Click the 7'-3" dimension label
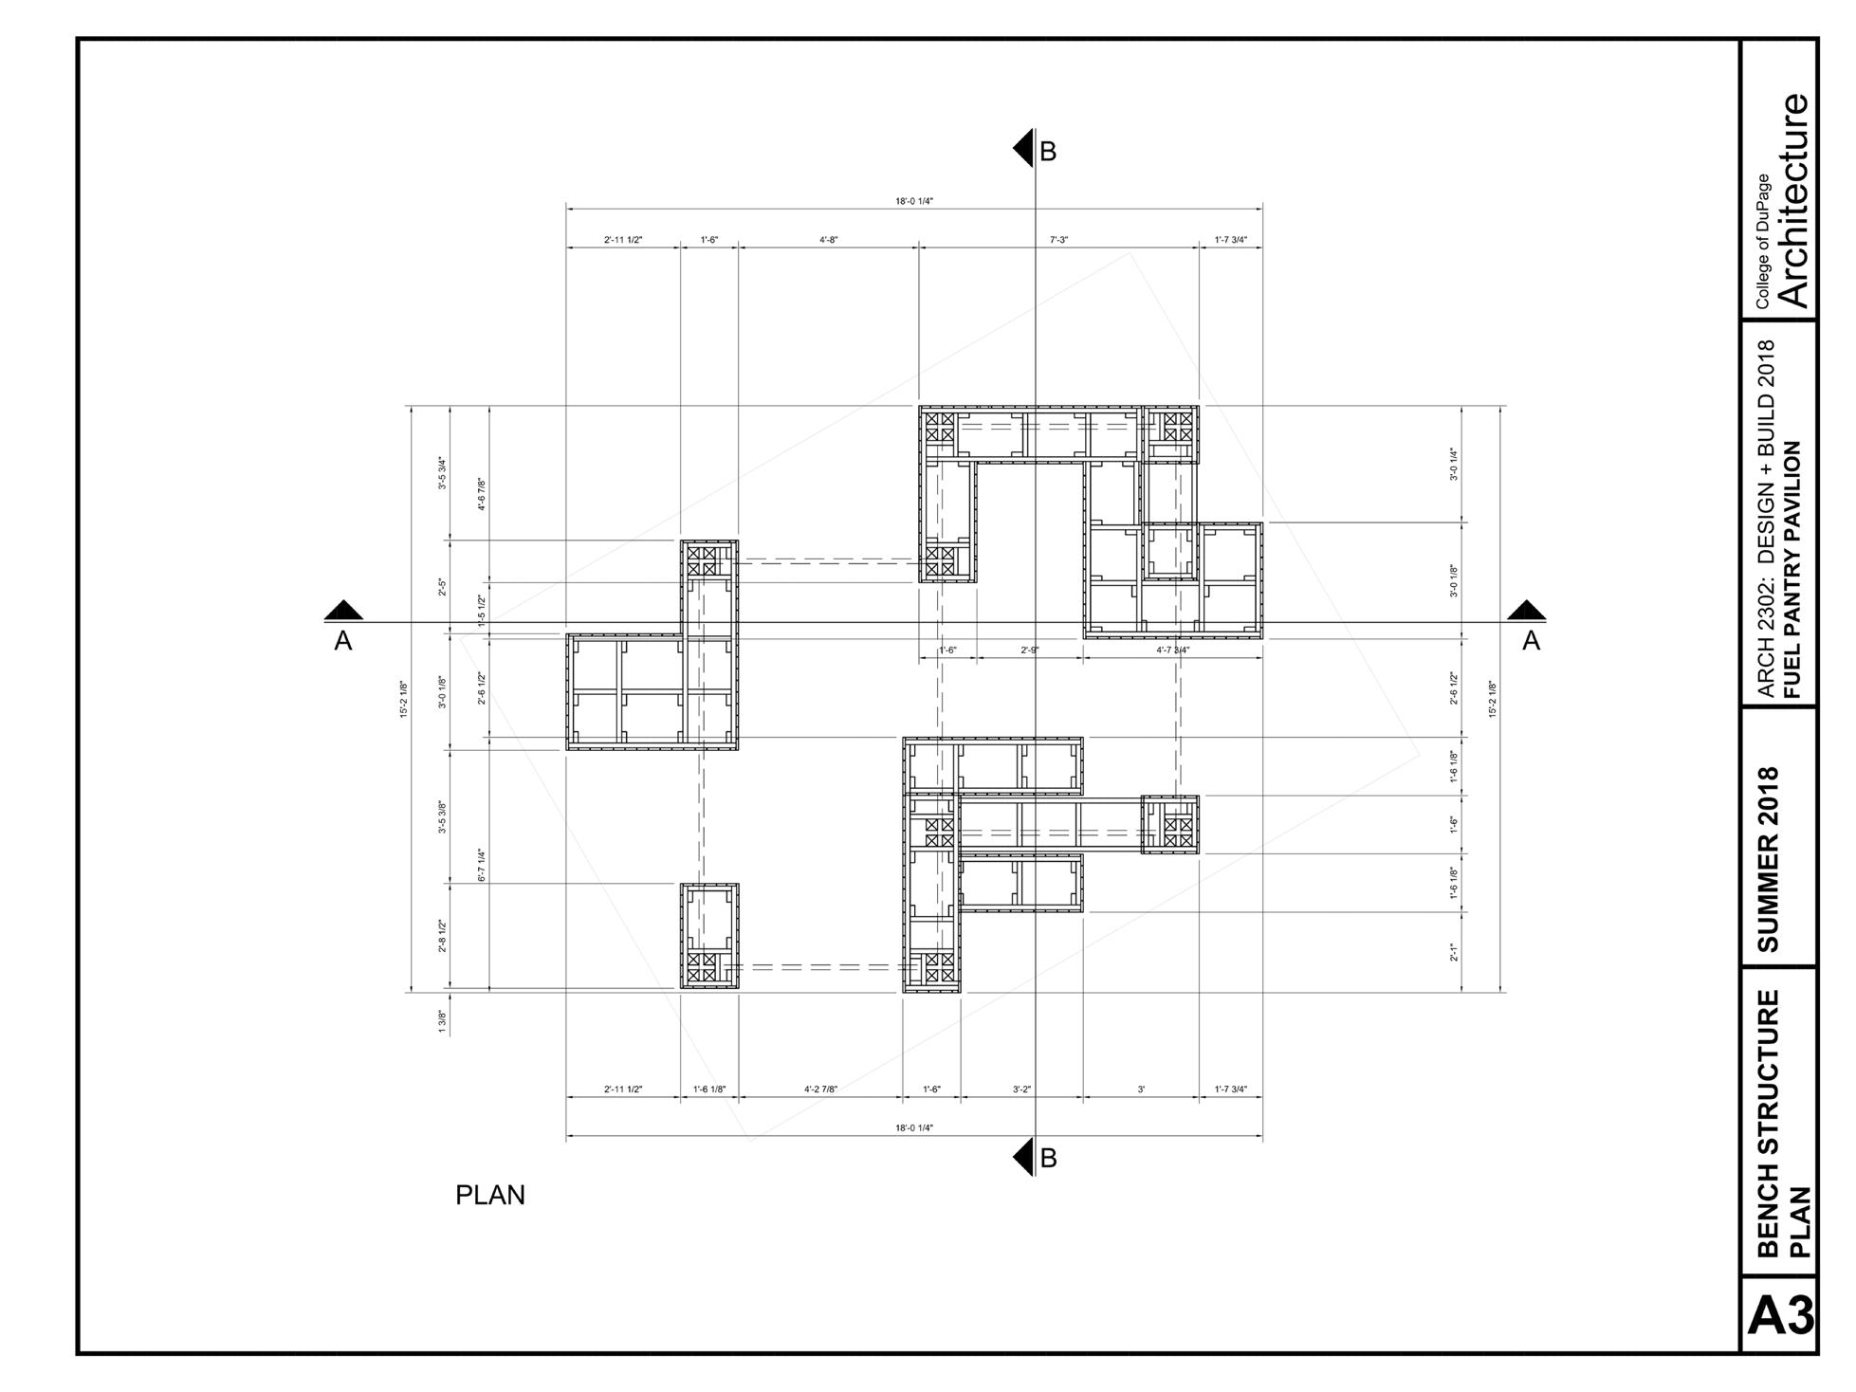[1058, 240]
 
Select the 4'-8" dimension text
[828, 240]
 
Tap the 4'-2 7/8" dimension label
[820, 1090]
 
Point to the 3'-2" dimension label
[1021, 1090]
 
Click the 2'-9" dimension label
[1030, 650]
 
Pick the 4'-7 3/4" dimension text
[1172, 650]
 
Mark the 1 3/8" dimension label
[442, 1021]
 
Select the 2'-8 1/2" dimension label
[442, 937]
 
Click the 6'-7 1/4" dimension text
[482, 865]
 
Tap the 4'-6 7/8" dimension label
[482, 494]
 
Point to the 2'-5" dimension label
[442, 588]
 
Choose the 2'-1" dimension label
[1454, 952]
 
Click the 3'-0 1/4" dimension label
[1454, 464]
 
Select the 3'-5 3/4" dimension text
[442, 472]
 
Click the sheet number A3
[1780, 1316]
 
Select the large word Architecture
[1794, 200]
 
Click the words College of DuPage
[1762, 241]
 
